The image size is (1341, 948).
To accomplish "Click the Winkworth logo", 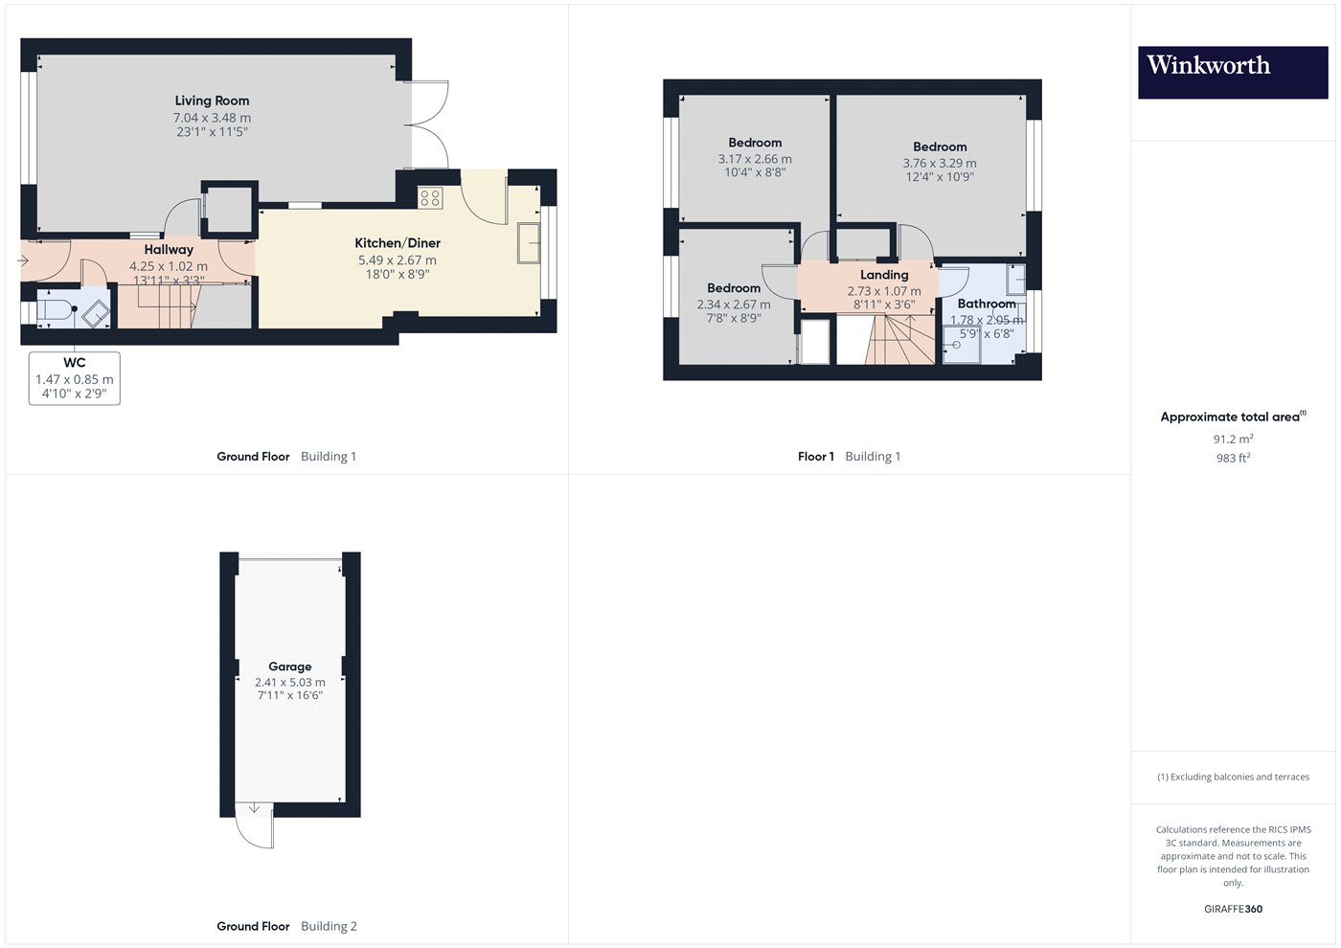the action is click(1233, 72).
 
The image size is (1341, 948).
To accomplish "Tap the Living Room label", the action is click(212, 101).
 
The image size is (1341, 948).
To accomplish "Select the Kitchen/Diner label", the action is click(398, 243).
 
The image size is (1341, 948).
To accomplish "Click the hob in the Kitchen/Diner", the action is click(430, 198).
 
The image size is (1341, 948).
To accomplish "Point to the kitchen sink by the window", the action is click(529, 243).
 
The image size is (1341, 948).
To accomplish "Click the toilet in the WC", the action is click(56, 309).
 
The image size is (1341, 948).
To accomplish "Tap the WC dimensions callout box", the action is click(75, 378).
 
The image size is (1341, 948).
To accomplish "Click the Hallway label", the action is click(169, 250).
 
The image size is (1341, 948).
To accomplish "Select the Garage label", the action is click(289, 666).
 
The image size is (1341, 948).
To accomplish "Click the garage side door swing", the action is click(255, 825).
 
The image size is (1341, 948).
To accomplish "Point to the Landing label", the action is click(884, 275).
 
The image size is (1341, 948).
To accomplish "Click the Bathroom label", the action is click(987, 304).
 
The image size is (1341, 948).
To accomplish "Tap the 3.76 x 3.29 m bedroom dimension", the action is click(940, 163).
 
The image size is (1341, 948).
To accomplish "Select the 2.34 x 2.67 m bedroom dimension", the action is click(734, 305).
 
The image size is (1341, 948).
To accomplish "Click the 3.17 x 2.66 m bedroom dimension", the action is click(755, 159).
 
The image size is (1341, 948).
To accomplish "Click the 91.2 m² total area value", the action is click(1234, 439).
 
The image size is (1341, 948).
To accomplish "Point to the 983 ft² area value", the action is click(1234, 458).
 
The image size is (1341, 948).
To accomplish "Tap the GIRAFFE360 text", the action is click(1234, 909).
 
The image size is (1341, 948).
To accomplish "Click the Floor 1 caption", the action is click(815, 457).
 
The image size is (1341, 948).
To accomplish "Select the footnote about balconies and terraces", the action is click(1234, 777).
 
